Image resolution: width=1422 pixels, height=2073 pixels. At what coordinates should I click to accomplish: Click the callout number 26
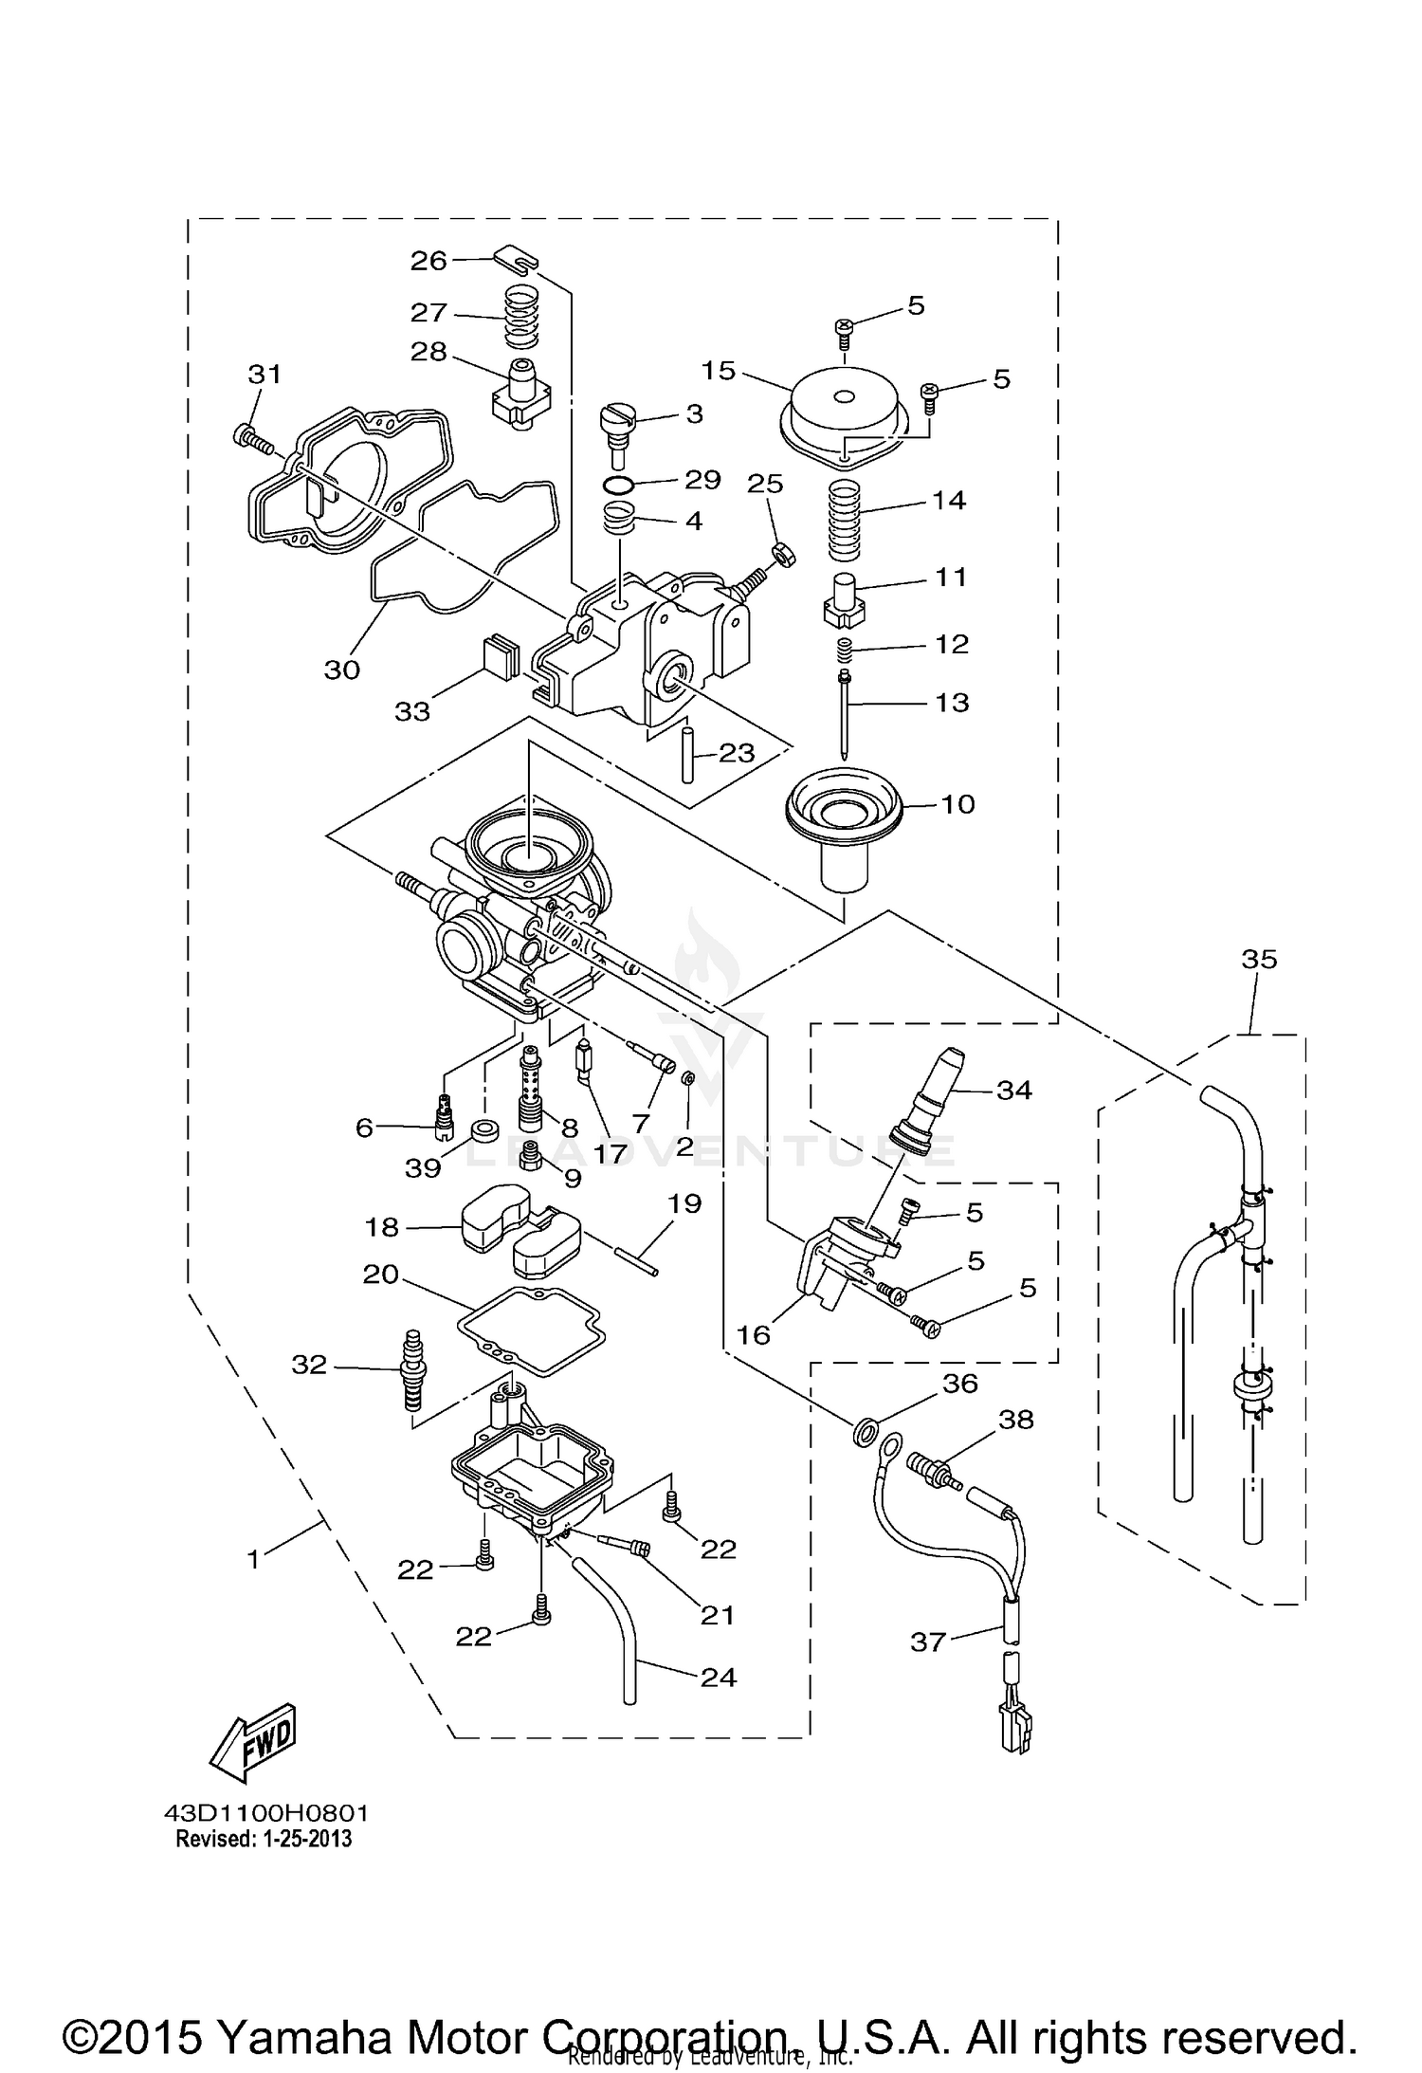[x=428, y=261]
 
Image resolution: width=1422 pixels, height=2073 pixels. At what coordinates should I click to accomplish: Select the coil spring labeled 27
[x=520, y=317]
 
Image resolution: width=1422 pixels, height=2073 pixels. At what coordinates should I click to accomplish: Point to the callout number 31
[x=265, y=375]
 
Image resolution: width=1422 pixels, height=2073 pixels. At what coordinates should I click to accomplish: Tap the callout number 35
[x=1260, y=960]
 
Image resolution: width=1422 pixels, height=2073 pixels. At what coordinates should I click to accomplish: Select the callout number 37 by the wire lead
[x=928, y=1641]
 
